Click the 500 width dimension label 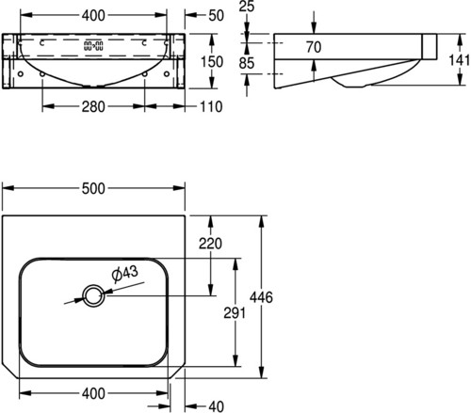[x=93, y=188]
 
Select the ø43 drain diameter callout [x=124, y=274]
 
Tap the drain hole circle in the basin [x=93, y=295]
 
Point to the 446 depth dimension [x=261, y=297]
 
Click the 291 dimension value [x=235, y=312]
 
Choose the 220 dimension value [x=210, y=244]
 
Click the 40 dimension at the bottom [x=216, y=406]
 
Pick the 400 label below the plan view [x=93, y=393]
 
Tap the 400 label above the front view [x=93, y=15]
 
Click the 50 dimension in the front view [x=216, y=15]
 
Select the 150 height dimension [x=212, y=62]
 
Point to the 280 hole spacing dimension [x=93, y=107]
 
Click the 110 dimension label [x=211, y=107]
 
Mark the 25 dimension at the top [x=247, y=7]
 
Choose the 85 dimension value [x=247, y=63]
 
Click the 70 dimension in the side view [x=314, y=47]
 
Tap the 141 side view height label [x=460, y=60]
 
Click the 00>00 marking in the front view [x=93, y=46]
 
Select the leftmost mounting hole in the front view [x=21, y=74]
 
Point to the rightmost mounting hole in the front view [x=167, y=74]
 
